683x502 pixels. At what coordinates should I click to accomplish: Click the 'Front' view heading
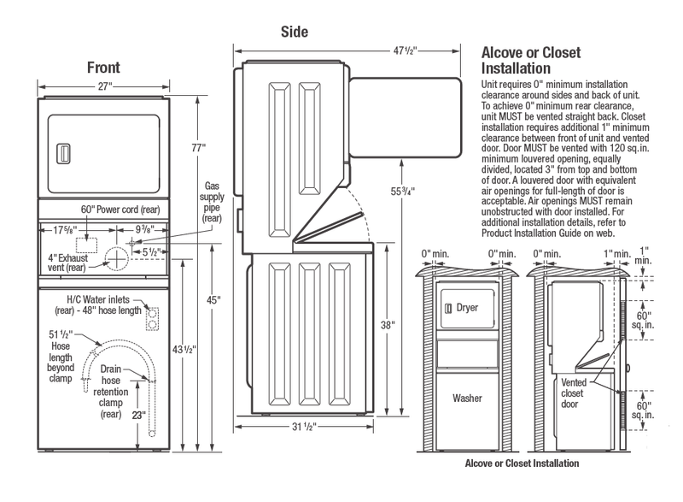click(102, 68)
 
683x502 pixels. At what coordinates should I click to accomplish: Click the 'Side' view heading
click(295, 32)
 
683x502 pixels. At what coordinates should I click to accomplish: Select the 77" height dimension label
click(199, 148)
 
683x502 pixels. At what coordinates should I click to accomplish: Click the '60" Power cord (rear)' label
click(124, 209)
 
